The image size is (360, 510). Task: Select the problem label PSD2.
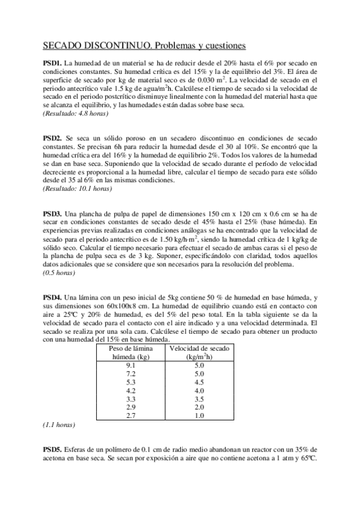[52, 138]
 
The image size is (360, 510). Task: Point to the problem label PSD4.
[52, 297]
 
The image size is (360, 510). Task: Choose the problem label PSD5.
[52, 449]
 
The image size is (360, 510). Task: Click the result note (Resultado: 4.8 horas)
[75, 113]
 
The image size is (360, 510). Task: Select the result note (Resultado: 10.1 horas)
[77, 188]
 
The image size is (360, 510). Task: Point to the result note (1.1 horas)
[58, 425]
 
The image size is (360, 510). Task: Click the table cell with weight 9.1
[130, 365]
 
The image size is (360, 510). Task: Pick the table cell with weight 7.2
[130, 373]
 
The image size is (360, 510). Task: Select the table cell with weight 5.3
[130, 382]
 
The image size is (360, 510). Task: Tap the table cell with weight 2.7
[130, 416]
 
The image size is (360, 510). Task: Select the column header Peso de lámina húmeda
[130, 352]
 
